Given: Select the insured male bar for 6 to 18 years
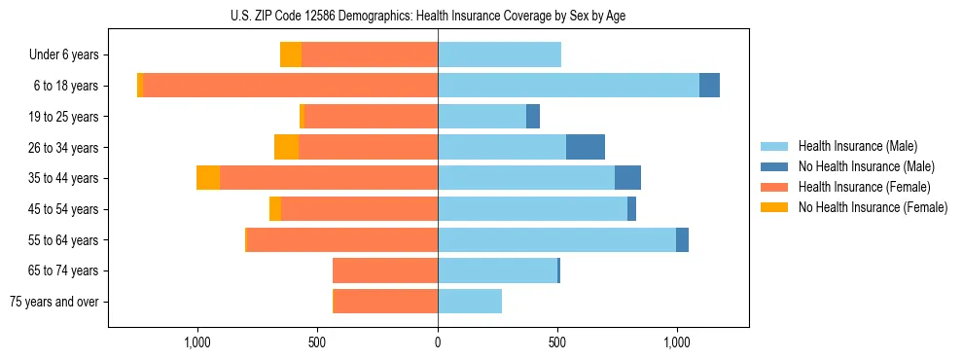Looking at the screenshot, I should [x=568, y=86].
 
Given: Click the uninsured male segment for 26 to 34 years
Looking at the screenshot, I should [x=586, y=147].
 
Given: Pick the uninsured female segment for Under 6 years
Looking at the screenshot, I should [x=291, y=54].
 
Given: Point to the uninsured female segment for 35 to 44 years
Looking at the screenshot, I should [x=208, y=178].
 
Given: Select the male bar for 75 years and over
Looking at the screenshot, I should [x=470, y=302].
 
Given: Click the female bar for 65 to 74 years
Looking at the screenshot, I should [x=385, y=270].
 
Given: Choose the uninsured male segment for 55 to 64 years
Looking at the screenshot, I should [x=682, y=239].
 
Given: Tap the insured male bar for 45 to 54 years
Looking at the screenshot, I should [x=532, y=209].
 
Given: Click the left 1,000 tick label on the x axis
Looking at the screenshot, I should [x=197, y=342].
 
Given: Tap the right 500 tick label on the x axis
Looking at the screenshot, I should [x=557, y=342].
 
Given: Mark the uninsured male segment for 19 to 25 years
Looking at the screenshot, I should [x=533, y=117].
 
